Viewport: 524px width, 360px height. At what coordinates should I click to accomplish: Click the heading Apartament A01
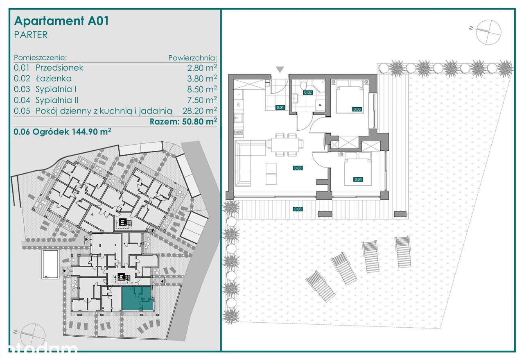coord(61,21)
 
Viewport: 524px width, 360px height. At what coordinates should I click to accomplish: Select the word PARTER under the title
coord(31,35)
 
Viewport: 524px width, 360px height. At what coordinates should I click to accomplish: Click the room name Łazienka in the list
coord(53,79)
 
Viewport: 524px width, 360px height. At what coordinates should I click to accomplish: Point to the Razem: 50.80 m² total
coord(183,121)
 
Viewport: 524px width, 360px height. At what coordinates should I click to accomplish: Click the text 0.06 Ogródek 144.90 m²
coord(63,132)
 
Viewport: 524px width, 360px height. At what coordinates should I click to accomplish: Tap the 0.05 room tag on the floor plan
coord(298,168)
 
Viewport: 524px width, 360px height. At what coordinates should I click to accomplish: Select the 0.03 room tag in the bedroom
coord(357,109)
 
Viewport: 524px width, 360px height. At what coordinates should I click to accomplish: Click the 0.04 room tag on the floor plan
coord(358,179)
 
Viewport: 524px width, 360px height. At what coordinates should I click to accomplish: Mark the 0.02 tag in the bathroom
coord(308,93)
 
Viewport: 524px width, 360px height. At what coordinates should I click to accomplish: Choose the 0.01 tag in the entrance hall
coord(280,108)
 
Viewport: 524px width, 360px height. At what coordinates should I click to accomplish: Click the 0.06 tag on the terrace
coord(298,209)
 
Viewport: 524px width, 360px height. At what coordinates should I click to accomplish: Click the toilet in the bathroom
coord(303,85)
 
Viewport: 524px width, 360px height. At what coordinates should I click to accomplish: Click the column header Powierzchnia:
coord(192,58)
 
